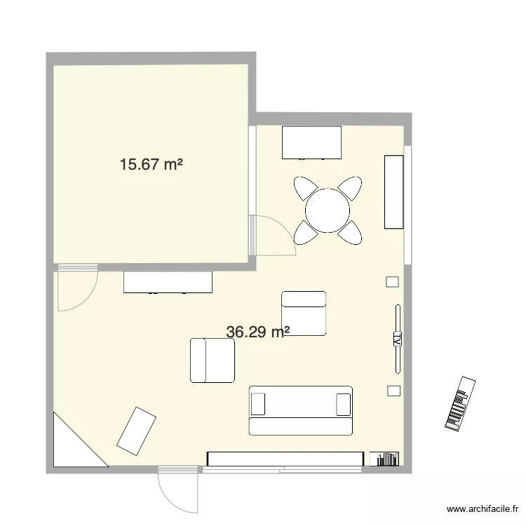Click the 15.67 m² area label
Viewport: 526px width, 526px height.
click(151, 165)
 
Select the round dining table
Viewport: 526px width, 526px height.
click(328, 210)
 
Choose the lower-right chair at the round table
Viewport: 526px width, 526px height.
click(351, 231)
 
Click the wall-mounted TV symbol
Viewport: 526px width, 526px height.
click(397, 339)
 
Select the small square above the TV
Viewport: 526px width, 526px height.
click(392, 281)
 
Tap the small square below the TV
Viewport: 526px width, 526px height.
click(393, 390)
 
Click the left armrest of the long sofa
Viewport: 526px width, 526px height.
click(258, 405)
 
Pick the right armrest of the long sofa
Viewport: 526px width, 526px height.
click(343, 405)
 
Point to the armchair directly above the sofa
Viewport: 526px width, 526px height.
click(304, 313)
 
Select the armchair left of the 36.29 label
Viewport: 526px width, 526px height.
click(212, 360)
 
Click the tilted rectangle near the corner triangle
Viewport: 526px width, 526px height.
click(136, 431)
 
